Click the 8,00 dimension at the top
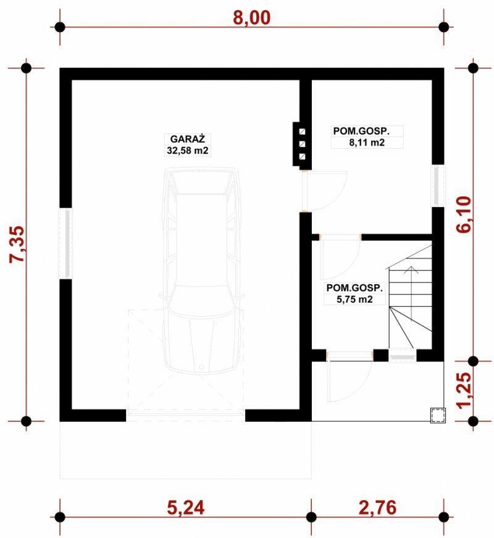tap(251, 18)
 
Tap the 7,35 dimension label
tap(17, 244)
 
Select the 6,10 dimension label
tap(464, 214)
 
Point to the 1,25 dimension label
tap(464, 390)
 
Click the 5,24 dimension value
tap(186, 508)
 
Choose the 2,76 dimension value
tap(377, 508)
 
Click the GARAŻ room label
tap(188, 139)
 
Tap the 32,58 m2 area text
tap(188, 150)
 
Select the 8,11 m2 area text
tap(367, 143)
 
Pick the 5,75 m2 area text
tap(354, 299)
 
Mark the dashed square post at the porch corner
tap(438, 415)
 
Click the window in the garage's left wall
tap(66, 243)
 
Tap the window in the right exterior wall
tap(438, 185)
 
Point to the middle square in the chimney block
tap(302, 144)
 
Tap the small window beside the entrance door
tap(403, 355)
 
